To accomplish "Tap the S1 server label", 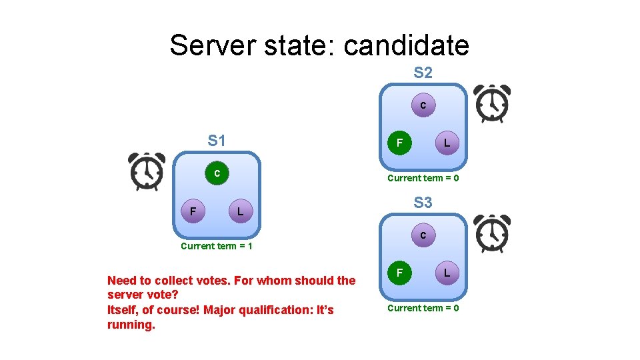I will click(x=217, y=141).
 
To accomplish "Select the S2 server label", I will click(x=423, y=73).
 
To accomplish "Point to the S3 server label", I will click(x=423, y=203).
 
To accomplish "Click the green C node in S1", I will click(x=217, y=173).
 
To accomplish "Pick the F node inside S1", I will click(x=193, y=212).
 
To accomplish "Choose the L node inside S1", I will click(x=240, y=212).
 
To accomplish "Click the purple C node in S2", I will click(x=423, y=105).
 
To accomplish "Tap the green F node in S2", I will click(x=399, y=143).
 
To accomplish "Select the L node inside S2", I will click(x=447, y=143).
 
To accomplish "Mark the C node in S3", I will click(x=423, y=235).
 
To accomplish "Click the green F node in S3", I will click(x=399, y=273).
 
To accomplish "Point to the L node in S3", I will click(x=447, y=273).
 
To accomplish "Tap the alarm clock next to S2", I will click(x=491, y=104).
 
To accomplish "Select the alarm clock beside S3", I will click(x=491, y=234).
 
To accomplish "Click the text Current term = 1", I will click(x=217, y=246).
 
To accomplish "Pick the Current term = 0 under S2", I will click(x=423, y=178).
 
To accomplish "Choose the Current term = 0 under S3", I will click(x=423, y=308).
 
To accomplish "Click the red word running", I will click(x=131, y=325).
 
